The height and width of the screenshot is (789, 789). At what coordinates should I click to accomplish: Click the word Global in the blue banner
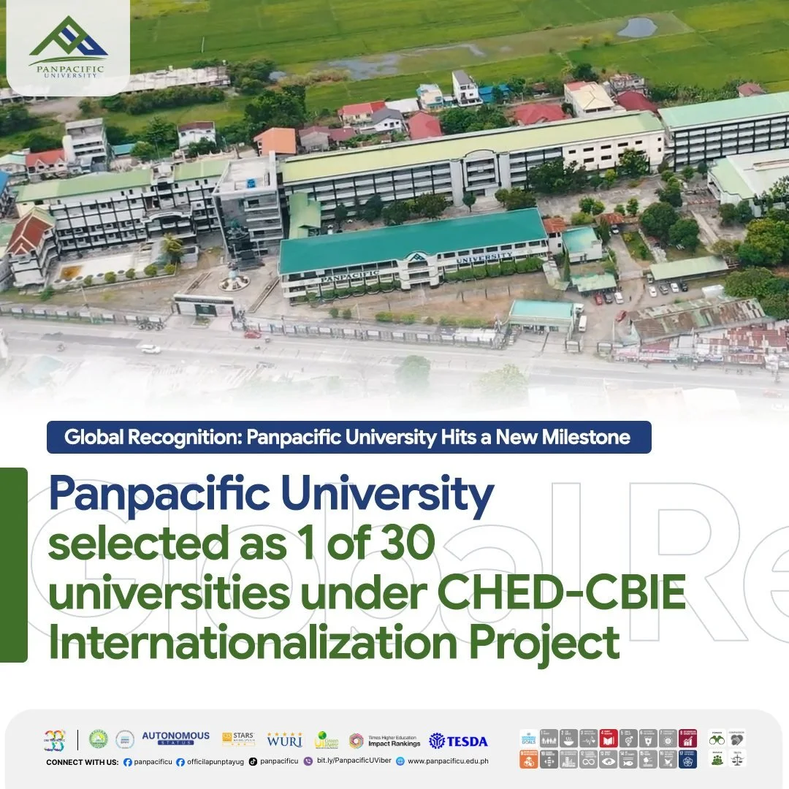[90, 438]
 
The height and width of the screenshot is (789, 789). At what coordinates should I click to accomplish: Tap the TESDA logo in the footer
[459, 741]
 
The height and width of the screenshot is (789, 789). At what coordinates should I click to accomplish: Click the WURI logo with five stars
[284, 739]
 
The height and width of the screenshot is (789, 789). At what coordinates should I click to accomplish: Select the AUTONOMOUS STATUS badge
[175, 738]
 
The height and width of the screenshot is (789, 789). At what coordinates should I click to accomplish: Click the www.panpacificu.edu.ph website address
[448, 761]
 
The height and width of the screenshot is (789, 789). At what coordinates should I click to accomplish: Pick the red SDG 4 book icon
[609, 739]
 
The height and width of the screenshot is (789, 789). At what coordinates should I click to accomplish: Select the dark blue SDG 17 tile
[687, 759]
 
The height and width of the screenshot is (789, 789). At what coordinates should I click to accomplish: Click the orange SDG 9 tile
[530, 759]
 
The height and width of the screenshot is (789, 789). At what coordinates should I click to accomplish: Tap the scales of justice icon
[738, 759]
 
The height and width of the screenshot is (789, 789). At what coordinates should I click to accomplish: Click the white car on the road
[150, 348]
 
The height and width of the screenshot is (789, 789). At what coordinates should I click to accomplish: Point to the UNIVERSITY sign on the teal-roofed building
[483, 258]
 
